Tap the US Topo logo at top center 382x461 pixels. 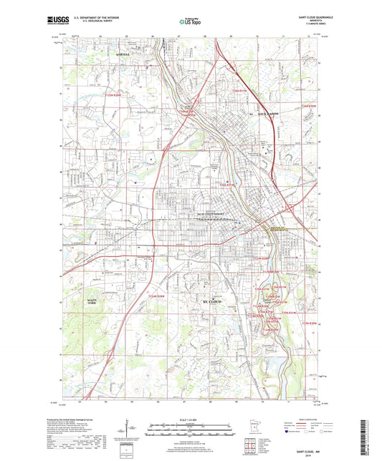point(190,22)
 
